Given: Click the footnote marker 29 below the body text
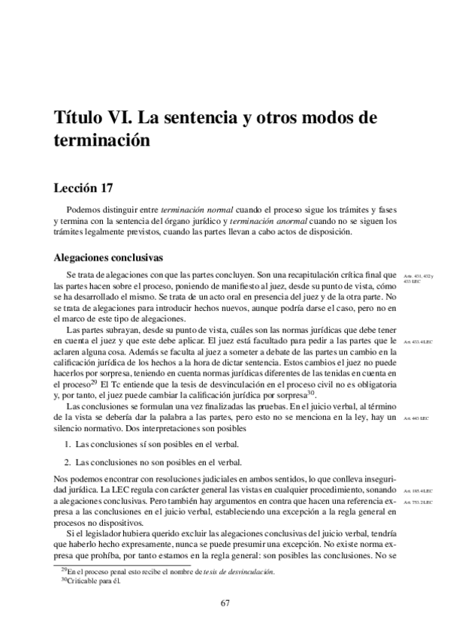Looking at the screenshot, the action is click(x=63, y=570).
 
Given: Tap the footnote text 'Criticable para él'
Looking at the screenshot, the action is click(x=94, y=581).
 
